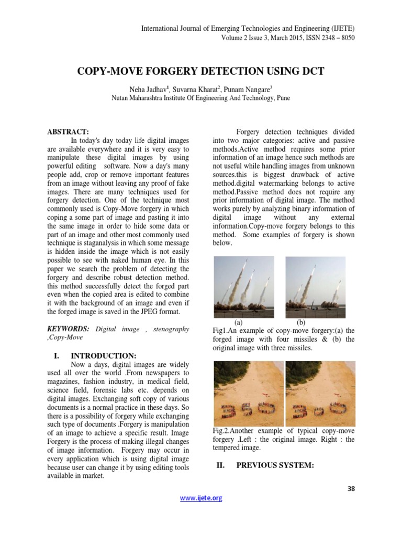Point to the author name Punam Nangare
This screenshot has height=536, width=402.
pyautogui.click(x=249, y=89)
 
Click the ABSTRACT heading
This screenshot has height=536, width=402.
pyautogui.click(x=68, y=131)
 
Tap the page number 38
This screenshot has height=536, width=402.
pyautogui.click(x=351, y=489)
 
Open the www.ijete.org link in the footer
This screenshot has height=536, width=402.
pyautogui.click(x=201, y=498)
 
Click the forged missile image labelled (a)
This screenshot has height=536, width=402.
pyautogui.click(x=245, y=287)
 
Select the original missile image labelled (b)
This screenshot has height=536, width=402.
pyautogui.click(x=315, y=287)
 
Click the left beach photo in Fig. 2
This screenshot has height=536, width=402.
pyautogui.click(x=249, y=393)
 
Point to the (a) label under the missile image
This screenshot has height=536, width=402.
pyautogui.click(x=239, y=322)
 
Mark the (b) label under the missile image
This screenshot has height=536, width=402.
pyautogui.click(x=301, y=322)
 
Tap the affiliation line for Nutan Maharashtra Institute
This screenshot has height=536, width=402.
pyautogui.click(x=201, y=98)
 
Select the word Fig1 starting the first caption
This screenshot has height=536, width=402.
pyautogui.click(x=220, y=331)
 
